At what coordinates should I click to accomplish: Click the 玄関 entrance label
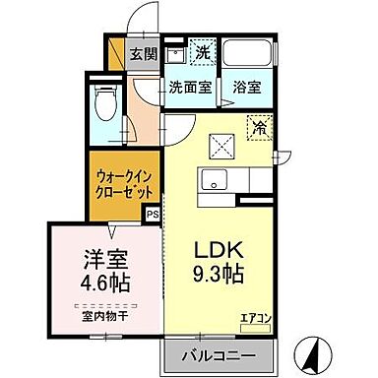pos(144,54)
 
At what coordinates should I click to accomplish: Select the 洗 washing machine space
pos(202,52)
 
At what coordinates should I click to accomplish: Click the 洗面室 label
pos(188,87)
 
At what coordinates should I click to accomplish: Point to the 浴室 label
pos(246,87)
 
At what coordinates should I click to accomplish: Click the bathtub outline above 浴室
pos(247,55)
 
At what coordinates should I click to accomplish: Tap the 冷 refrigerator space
pos(261,126)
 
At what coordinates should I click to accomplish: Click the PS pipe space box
pos(153,213)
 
